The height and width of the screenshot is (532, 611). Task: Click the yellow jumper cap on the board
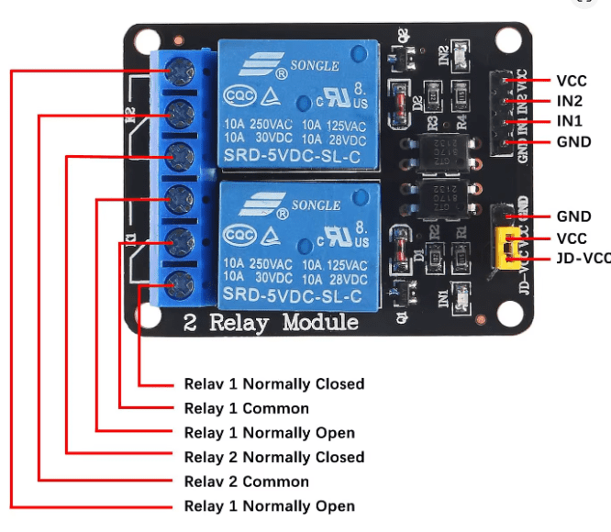tap(505, 249)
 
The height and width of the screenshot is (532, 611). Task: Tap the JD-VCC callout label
tap(583, 259)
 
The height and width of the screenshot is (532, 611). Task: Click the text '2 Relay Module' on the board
tap(271, 323)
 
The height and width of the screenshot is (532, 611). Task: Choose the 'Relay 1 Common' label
tap(247, 408)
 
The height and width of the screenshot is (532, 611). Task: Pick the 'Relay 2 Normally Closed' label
tap(274, 457)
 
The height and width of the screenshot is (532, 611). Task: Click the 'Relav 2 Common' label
tap(247, 482)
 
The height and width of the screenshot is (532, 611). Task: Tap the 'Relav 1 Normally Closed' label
tap(274, 384)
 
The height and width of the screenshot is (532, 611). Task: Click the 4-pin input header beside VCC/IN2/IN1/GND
tap(504, 110)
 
